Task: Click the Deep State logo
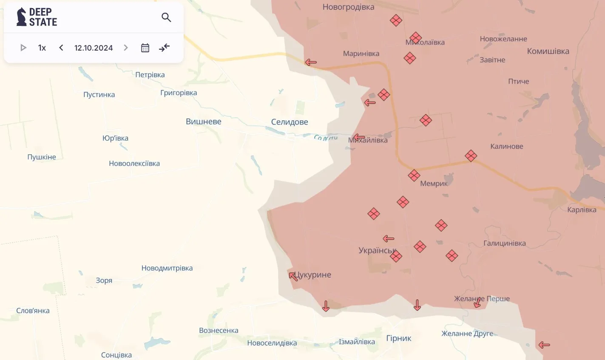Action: (x=37, y=17)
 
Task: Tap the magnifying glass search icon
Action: (x=166, y=17)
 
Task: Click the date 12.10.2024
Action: (x=94, y=48)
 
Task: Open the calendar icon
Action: (x=145, y=48)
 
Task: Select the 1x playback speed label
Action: (x=42, y=48)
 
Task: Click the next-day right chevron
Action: (x=126, y=48)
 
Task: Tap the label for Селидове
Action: (x=290, y=122)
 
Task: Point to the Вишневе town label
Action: (x=203, y=122)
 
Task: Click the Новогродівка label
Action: (x=348, y=7)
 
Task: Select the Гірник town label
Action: (x=398, y=338)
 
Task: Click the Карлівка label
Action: (x=582, y=210)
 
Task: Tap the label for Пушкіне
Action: (x=42, y=157)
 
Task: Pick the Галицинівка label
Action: (x=504, y=243)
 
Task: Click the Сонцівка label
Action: (x=116, y=354)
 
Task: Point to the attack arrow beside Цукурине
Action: (x=293, y=277)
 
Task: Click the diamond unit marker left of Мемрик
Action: (x=414, y=175)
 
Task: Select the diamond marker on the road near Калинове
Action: (x=471, y=156)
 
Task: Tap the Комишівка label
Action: (x=548, y=51)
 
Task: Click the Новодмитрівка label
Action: (x=167, y=268)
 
